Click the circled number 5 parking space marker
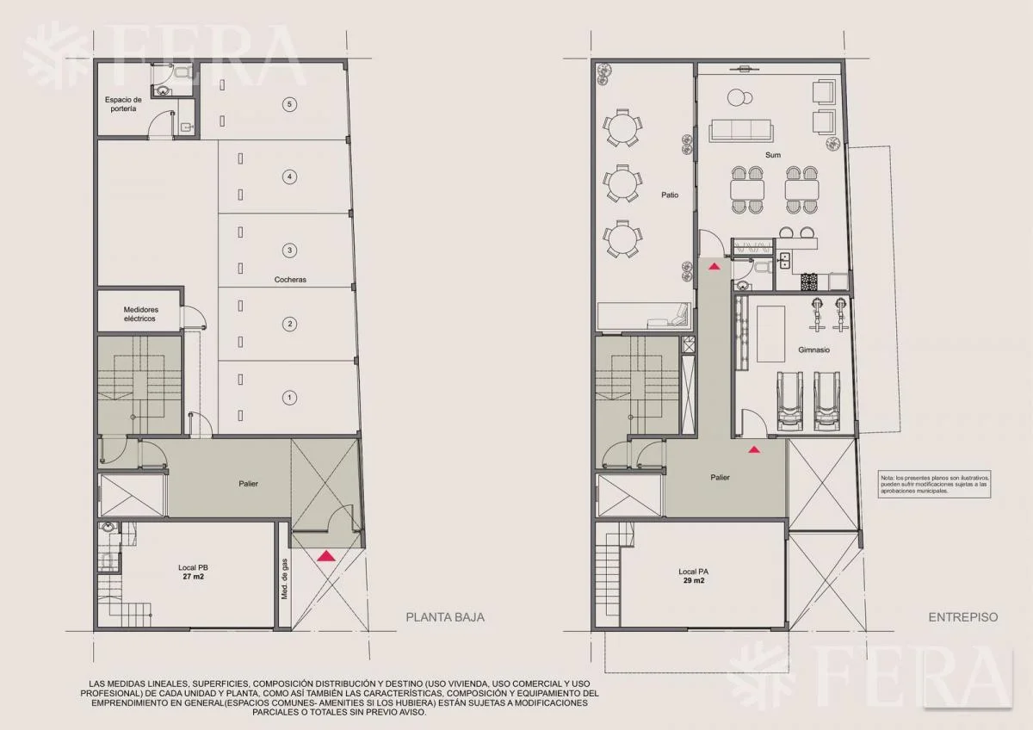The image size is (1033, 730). pos(289,104)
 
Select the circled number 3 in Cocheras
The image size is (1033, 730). pos(289,251)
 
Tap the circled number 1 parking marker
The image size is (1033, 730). pos(289,398)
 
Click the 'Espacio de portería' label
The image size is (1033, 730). pos(123,104)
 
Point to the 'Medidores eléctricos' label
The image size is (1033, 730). pos(140,314)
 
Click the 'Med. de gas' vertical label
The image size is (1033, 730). pos(284,579)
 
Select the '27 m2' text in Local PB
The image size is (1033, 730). pos(193,577)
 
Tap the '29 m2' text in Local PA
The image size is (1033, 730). pos(694,580)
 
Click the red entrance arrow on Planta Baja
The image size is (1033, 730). pos(326,556)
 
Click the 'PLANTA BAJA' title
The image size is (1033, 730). pos(445,617)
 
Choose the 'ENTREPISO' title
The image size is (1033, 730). pos(963,617)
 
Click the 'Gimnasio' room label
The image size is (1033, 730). pos(814,350)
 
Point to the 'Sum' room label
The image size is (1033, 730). pos(773,155)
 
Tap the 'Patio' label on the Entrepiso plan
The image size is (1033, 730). pos(670,195)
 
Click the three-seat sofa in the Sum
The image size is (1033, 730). pos(740,131)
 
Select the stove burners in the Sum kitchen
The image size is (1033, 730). pos(809,281)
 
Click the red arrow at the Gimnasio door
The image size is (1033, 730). pos(754,449)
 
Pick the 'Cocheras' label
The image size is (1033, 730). pos(290,280)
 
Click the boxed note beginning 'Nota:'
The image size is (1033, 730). pos(934,485)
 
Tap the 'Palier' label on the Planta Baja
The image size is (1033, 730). pos(248,484)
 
